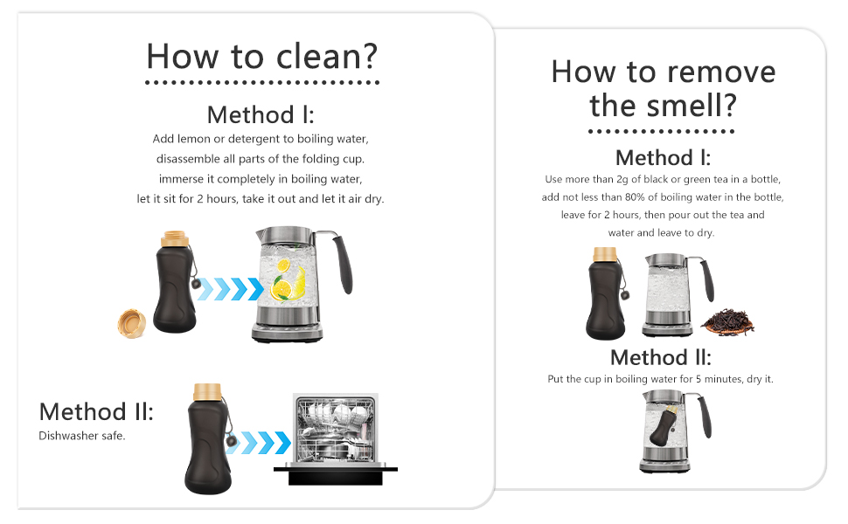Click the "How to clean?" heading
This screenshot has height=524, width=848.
pyautogui.click(x=261, y=56)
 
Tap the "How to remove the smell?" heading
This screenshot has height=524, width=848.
pyautogui.click(x=663, y=88)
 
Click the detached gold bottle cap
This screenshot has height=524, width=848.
pyautogui.click(x=132, y=324)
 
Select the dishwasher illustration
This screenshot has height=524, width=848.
pyautogui.click(x=336, y=438)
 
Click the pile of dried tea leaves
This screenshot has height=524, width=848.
pyautogui.click(x=728, y=322)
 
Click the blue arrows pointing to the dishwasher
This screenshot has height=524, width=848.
pyautogui.click(x=260, y=443)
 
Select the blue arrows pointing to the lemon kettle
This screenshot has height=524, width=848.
pyautogui.click(x=229, y=289)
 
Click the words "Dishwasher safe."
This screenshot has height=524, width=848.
pyautogui.click(x=81, y=436)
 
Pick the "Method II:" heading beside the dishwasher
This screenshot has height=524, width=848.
pyautogui.click(x=96, y=411)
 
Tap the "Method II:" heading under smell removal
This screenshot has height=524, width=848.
pyautogui.click(x=660, y=357)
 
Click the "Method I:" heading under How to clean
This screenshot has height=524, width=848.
pyautogui.click(x=261, y=114)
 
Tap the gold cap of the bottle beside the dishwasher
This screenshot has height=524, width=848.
pyautogui.click(x=207, y=392)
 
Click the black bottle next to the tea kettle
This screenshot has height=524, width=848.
pyautogui.click(x=606, y=293)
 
